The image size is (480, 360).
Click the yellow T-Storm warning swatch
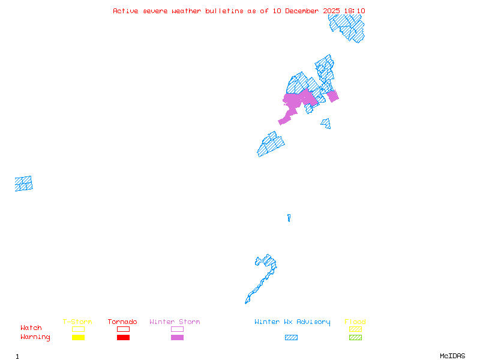coord(78,338)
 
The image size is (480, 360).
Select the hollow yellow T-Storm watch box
coord(78,329)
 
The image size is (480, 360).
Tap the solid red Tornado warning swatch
coord(123,338)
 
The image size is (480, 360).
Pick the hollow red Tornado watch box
coord(123,329)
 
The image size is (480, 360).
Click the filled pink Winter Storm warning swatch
coord(177,338)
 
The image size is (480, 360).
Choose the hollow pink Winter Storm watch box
coord(177,329)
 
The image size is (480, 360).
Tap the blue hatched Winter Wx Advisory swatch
coord(291,338)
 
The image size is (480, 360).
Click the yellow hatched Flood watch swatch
coord(355,329)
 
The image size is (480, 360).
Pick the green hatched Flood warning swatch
coord(355,338)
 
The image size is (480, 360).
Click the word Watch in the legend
coord(31,328)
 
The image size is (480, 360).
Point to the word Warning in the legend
coord(35,337)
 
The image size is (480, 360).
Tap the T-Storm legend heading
coord(77,322)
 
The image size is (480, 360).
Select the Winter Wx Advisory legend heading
coord(292,322)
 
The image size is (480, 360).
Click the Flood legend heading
coord(355,322)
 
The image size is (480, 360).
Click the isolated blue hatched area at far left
coord(24,184)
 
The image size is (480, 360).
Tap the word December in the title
coord(305,11)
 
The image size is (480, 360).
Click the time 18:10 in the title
coord(355,11)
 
